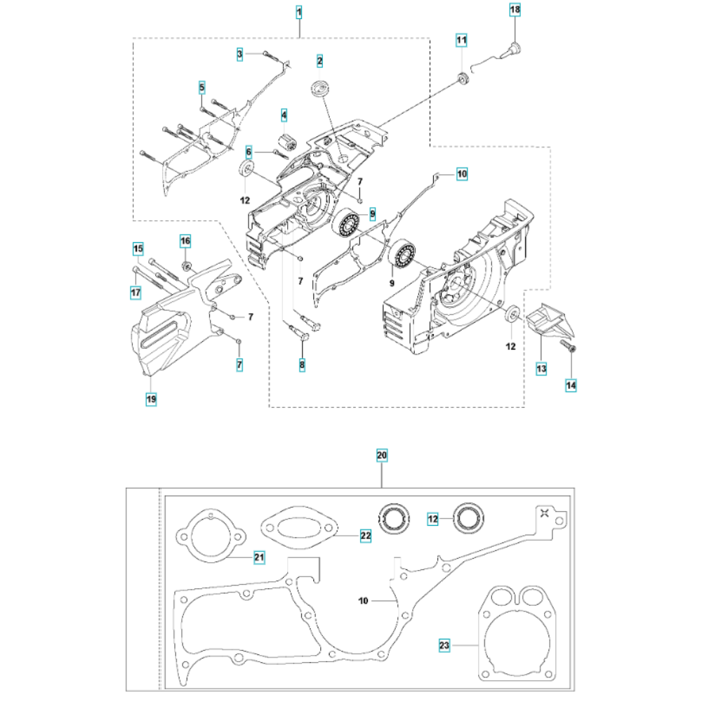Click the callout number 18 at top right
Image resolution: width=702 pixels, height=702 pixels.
[515, 9]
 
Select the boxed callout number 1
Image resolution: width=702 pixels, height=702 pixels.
[299, 13]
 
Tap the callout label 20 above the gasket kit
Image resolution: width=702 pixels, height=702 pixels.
[381, 456]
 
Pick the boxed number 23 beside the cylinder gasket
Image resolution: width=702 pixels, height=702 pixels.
[444, 646]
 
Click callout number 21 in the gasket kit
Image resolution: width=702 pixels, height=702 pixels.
[259, 557]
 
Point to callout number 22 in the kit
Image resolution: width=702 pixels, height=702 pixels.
[366, 536]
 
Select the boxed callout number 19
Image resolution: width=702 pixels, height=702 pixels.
[152, 399]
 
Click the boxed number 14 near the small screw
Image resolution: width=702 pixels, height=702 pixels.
[571, 385]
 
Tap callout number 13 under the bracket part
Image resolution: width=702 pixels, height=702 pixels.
[541, 369]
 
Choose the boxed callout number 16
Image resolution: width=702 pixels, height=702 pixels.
[185, 241]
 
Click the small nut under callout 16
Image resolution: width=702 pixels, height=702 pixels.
[187, 266]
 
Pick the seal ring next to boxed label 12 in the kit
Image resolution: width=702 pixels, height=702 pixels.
[469, 519]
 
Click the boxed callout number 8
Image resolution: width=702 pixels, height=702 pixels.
[302, 365]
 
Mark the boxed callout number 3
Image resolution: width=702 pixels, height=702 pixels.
[240, 55]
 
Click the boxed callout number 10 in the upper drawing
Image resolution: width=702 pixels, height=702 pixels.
[462, 173]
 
